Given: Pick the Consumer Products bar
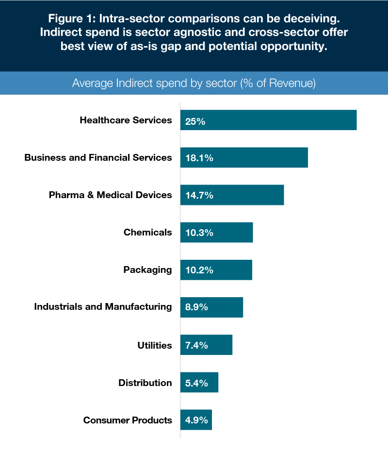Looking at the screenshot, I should click(204, 420).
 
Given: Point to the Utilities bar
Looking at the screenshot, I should click(218, 345).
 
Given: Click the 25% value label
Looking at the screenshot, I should click(195, 121).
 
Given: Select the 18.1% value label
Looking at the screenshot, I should click(199, 158).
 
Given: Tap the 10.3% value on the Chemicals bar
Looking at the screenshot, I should click(199, 233).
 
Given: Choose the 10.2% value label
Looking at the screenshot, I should click(199, 270).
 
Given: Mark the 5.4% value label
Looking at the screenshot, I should click(196, 383).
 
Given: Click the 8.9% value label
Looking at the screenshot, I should click(196, 307).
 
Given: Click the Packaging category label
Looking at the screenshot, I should click(147, 270).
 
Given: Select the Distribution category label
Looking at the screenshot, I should click(145, 383).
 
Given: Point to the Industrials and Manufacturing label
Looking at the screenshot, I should click(103, 307).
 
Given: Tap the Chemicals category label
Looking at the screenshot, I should click(147, 232).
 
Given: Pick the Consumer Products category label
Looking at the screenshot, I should click(128, 420).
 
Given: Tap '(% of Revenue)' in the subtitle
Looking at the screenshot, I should click(278, 83).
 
